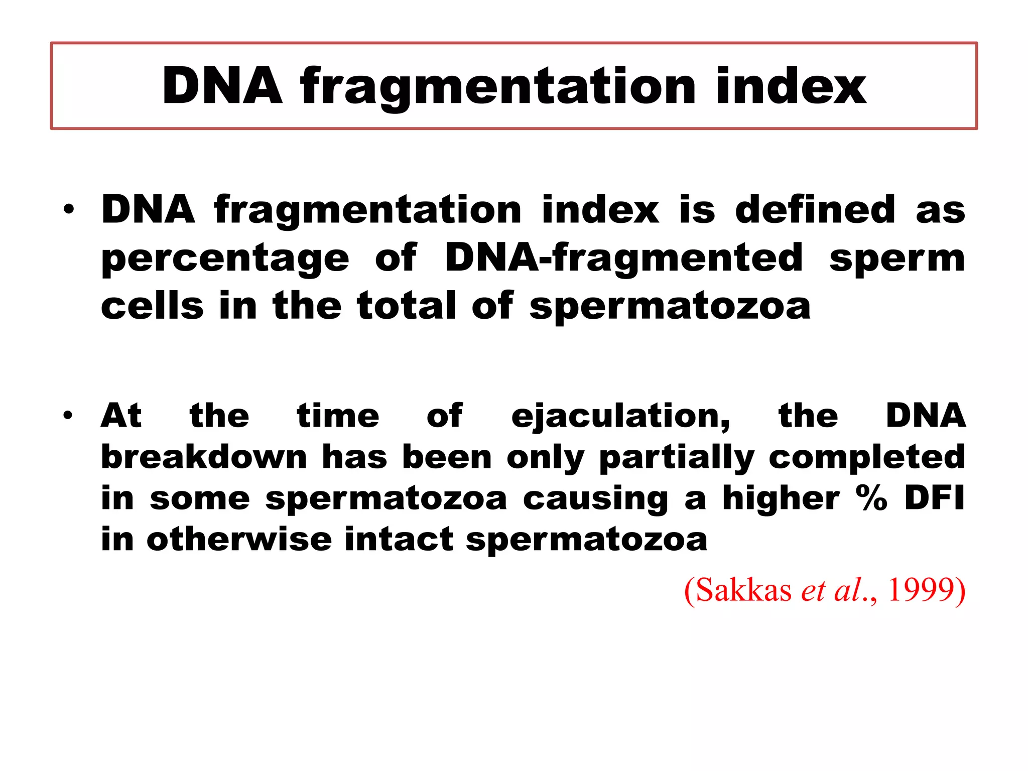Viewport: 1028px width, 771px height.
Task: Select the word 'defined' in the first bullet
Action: click(815, 209)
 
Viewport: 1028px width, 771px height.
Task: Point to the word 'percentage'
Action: click(225, 259)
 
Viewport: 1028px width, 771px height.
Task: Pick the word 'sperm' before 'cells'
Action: click(897, 259)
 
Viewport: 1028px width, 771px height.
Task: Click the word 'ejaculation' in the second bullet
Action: click(620, 417)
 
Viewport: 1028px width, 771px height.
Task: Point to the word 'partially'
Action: click(677, 458)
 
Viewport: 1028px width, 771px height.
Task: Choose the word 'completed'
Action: click(867, 458)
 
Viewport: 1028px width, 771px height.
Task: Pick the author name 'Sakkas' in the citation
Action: click(743, 590)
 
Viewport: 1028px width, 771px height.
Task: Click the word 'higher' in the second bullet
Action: click(781, 499)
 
